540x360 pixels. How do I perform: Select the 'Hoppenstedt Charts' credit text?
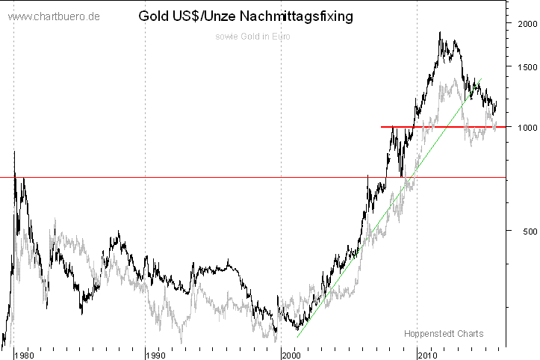444,333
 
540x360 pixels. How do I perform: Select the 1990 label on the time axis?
155,354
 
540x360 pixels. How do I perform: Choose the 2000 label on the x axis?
292,354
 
